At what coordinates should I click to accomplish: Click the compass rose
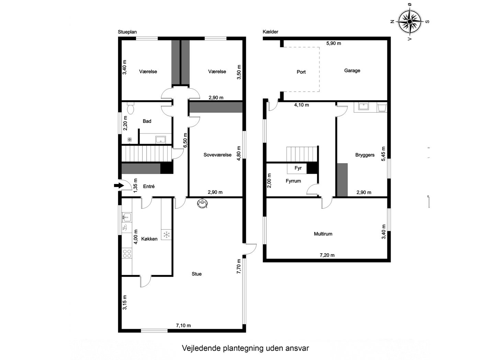pos(409,21)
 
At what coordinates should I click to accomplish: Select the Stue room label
pos(196,274)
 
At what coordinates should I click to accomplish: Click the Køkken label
pos(149,239)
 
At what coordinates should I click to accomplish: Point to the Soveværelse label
pos(217,155)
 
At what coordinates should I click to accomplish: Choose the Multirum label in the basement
pos(323,234)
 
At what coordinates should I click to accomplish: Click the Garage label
pos(352,71)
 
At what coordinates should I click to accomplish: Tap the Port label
pos(301,72)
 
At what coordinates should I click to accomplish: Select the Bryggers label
pos(365,155)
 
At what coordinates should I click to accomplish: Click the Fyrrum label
pos(293,181)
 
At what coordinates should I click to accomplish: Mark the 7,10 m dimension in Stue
pos(183,325)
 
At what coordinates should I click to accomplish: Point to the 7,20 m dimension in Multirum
pos(327,255)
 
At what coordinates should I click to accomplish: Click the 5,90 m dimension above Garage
pos(333,44)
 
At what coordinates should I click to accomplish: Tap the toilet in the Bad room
pos(131,109)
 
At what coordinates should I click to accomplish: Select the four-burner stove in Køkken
pos(127,253)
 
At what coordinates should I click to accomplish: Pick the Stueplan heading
pos(127,32)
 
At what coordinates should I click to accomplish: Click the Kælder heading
pos(270,32)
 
